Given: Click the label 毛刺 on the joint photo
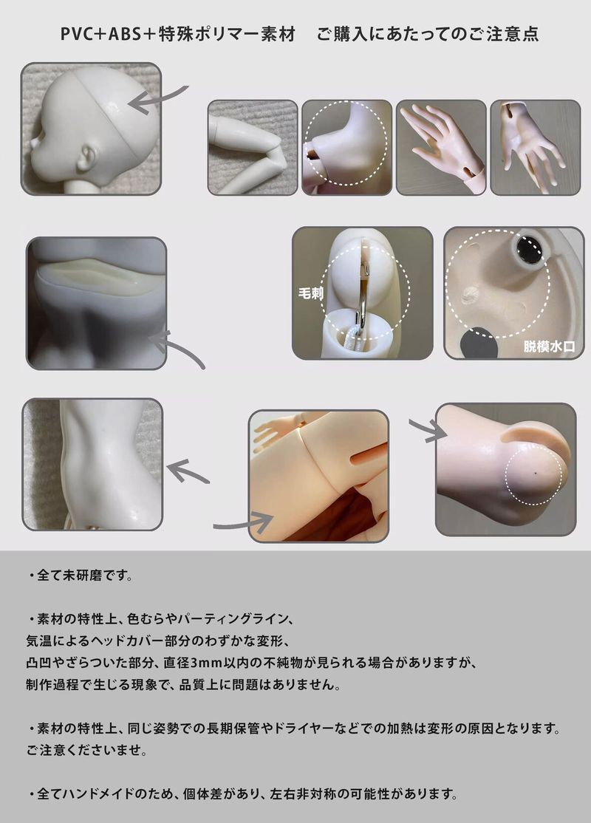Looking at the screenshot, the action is point(311,293).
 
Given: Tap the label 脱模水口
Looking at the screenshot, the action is point(549,346).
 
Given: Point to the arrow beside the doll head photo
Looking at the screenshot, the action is point(157,99).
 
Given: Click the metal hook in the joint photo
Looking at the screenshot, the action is point(362,294).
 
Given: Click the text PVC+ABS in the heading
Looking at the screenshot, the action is point(100,34).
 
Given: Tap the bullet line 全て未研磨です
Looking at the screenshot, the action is point(81,576).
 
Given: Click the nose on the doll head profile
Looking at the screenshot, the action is point(35,141).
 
